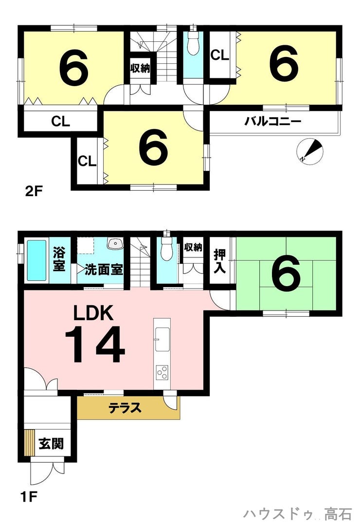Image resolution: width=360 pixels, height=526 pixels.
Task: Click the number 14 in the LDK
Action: click(95, 345)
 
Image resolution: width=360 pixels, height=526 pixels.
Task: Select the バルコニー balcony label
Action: click(273, 121)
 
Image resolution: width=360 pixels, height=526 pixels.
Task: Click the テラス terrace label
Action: click(125, 408)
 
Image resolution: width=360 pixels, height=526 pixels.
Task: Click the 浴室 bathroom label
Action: click(59, 259)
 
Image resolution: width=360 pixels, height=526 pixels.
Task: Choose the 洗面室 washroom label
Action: click(104, 270)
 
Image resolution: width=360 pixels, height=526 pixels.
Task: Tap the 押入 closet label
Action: click(220, 261)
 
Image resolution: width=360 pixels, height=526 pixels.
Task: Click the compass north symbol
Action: click(310, 151)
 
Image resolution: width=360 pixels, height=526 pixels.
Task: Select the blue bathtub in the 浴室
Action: click(36, 260)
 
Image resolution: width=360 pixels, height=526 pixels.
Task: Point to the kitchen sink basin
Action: click(162, 339)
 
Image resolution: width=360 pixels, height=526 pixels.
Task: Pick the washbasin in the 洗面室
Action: click(115, 243)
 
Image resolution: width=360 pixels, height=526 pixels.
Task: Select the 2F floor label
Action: click(34, 192)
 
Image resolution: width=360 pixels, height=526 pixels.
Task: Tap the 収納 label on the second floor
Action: click(140, 68)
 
